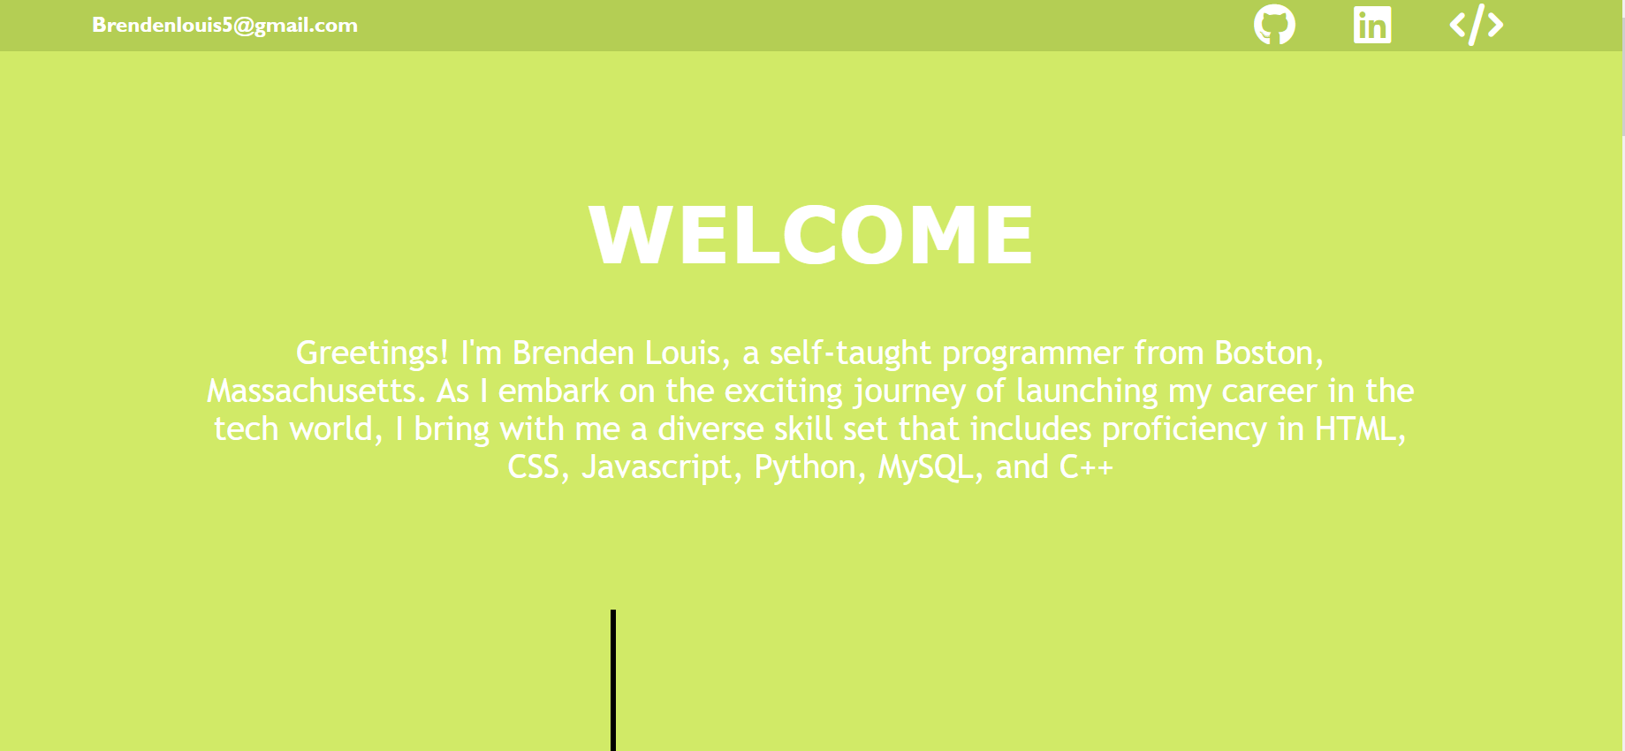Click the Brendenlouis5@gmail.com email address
point(224,26)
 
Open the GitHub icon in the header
point(1274,25)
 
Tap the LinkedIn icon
point(1371,25)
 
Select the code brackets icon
point(1476,25)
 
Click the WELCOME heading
point(811,235)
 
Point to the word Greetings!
point(372,353)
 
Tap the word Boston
point(1267,353)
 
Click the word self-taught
point(849,353)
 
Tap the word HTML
point(1355,429)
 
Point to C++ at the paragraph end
point(1085,467)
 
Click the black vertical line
point(613,680)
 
